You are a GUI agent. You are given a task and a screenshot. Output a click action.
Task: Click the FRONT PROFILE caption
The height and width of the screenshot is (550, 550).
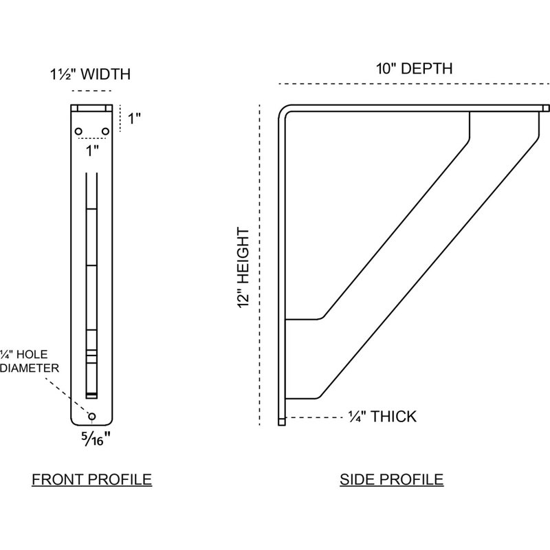coord(92,479)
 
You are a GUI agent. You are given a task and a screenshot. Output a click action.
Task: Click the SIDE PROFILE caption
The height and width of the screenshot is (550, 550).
coord(391,479)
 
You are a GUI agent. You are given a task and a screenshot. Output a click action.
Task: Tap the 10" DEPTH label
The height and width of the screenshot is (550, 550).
coord(415,68)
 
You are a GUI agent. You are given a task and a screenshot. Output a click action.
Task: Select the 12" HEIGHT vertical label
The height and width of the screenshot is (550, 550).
coord(243,268)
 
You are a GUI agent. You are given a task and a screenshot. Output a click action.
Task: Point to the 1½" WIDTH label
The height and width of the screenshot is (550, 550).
coord(91,74)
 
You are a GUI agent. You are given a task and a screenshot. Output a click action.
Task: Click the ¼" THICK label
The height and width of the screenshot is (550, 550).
coord(382,417)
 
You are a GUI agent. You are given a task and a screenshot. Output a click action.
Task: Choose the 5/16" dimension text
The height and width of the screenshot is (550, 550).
coord(96,439)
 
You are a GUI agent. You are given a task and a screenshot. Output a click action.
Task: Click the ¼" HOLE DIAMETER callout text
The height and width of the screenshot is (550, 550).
coord(30,362)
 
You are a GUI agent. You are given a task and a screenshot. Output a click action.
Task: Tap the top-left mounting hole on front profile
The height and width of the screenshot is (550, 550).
coord(78,131)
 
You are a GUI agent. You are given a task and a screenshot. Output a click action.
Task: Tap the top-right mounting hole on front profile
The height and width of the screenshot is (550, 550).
coord(105,131)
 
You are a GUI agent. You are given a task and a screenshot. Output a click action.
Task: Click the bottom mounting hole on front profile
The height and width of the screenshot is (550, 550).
coord(92,417)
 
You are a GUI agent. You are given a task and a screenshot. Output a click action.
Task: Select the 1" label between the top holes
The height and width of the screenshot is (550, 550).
coord(92,151)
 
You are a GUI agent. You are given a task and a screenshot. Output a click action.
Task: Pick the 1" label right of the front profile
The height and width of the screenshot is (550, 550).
coord(133,118)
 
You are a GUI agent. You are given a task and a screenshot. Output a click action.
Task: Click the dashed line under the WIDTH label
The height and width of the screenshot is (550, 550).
coord(91,91)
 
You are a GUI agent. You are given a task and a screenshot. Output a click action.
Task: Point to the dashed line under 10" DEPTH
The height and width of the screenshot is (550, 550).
coord(415,84)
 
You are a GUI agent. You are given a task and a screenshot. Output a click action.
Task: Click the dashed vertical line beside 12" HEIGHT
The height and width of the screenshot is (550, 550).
coord(260,265)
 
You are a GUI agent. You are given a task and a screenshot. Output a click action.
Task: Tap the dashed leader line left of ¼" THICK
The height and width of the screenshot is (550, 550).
coord(314,417)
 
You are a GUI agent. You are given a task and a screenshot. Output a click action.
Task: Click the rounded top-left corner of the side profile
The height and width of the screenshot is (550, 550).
coord(283,109)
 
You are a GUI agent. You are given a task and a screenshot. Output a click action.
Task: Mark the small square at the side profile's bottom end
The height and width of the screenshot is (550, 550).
coord(282,421)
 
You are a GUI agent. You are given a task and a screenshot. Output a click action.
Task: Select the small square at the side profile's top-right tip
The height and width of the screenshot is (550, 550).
coord(545,108)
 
